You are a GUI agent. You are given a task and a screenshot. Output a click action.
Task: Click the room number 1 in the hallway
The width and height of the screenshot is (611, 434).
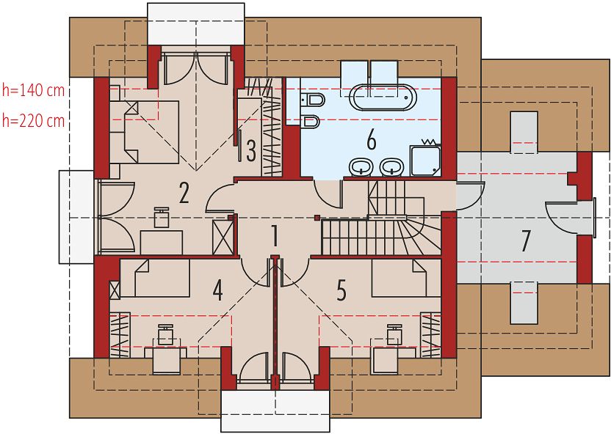pos(275,236)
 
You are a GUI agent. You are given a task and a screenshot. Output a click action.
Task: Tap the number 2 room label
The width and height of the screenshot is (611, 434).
pos(184,193)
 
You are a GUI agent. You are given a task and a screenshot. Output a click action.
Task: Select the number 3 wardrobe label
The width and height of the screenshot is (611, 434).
pos(251,151)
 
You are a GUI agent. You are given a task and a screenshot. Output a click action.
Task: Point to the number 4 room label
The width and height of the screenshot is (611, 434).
pos(218,290)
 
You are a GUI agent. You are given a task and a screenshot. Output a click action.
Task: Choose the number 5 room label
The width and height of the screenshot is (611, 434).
pos(341,290)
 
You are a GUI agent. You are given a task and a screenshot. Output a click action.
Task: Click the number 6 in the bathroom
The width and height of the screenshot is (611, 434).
pos(372,140)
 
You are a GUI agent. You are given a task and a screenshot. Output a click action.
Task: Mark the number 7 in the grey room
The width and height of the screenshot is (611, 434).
pos(526,240)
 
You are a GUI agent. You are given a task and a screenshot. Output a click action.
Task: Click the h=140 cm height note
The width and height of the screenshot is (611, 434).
pos(33,90)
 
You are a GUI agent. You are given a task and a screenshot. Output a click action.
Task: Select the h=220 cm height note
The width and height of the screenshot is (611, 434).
pos(33,121)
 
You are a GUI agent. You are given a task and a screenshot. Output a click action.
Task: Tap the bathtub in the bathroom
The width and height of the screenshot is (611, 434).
pos(383,98)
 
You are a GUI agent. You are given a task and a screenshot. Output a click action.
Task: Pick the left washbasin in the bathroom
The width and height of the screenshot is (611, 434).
pos(361,168)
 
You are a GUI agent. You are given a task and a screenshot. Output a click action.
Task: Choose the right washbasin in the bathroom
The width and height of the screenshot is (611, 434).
pos(392,168)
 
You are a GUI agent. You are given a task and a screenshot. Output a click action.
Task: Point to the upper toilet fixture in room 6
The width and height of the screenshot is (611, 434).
pos(313,100)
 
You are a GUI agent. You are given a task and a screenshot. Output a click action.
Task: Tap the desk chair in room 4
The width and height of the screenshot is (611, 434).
pos(166,334)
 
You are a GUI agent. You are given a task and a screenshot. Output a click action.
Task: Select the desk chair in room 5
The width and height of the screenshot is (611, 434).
pos(394,334)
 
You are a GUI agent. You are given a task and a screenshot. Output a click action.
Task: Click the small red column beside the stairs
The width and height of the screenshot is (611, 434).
pos(317,218)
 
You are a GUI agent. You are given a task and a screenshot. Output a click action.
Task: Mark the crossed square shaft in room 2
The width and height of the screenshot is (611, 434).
pos(224,238)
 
